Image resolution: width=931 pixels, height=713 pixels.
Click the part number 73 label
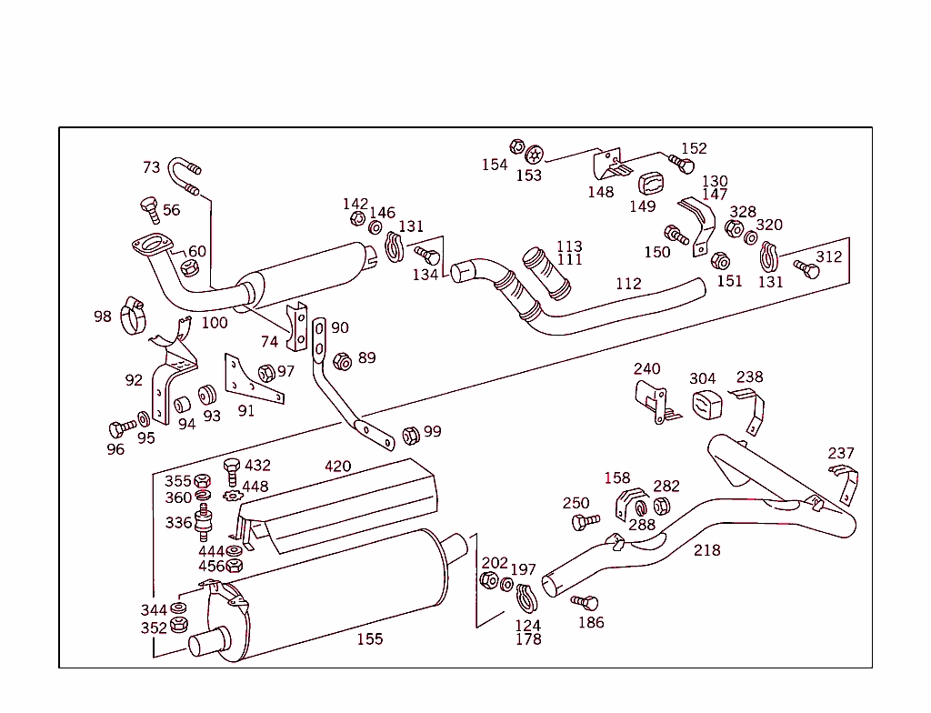[x=151, y=167]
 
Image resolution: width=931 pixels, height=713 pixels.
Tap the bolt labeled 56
[x=150, y=208]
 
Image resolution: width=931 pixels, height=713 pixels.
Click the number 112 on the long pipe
[x=628, y=284]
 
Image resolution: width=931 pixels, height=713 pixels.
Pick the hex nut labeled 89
[x=343, y=361]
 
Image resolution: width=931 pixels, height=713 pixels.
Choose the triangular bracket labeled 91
[x=252, y=381]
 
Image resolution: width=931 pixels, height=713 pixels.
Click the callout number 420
[x=337, y=467]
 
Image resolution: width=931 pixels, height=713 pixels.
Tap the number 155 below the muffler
[x=369, y=639]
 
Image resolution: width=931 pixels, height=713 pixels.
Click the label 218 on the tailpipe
[x=706, y=550]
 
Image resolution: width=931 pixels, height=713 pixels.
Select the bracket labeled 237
[x=845, y=483]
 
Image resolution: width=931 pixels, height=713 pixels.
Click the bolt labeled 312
[x=806, y=270]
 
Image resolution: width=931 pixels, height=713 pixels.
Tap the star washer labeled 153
[x=534, y=154]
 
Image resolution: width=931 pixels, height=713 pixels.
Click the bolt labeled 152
[x=682, y=164]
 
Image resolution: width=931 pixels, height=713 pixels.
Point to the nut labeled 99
[x=410, y=435]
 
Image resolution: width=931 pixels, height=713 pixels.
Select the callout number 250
[x=576, y=503]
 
